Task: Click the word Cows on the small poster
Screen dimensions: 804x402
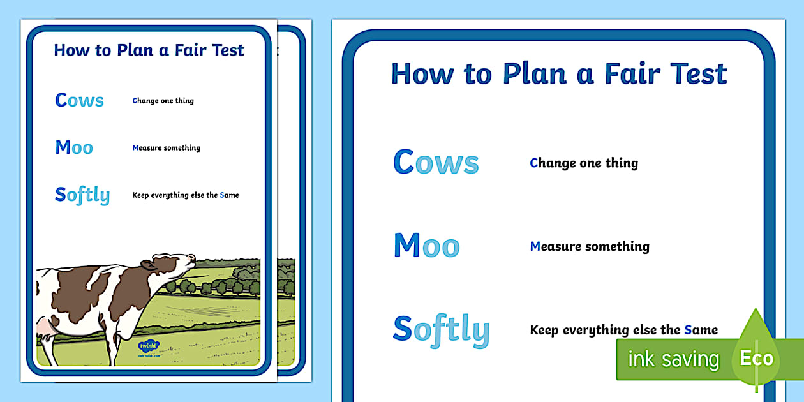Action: tap(79, 100)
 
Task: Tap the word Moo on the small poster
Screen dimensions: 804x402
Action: tap(74, 147)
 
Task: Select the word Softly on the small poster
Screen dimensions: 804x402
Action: tap(82, 196)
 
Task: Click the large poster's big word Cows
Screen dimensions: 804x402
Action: tap(436, 161)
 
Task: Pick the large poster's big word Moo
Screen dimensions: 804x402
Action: tap(427, 245)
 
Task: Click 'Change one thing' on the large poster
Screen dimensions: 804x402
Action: tap(584, 163)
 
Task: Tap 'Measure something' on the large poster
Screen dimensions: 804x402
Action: tap(590, 246)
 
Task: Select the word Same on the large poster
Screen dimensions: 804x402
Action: tap(701, 330)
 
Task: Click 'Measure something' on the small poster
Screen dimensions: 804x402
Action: tap(166, 147)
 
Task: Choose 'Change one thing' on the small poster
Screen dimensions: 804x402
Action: tap(163, 101)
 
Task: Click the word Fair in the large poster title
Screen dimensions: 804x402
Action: tap(632, 74)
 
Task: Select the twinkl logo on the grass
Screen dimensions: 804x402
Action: tap(149, 347)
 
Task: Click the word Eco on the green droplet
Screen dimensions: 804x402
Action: tap(757, 358)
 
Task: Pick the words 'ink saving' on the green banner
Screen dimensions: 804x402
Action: tap(674, 359)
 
